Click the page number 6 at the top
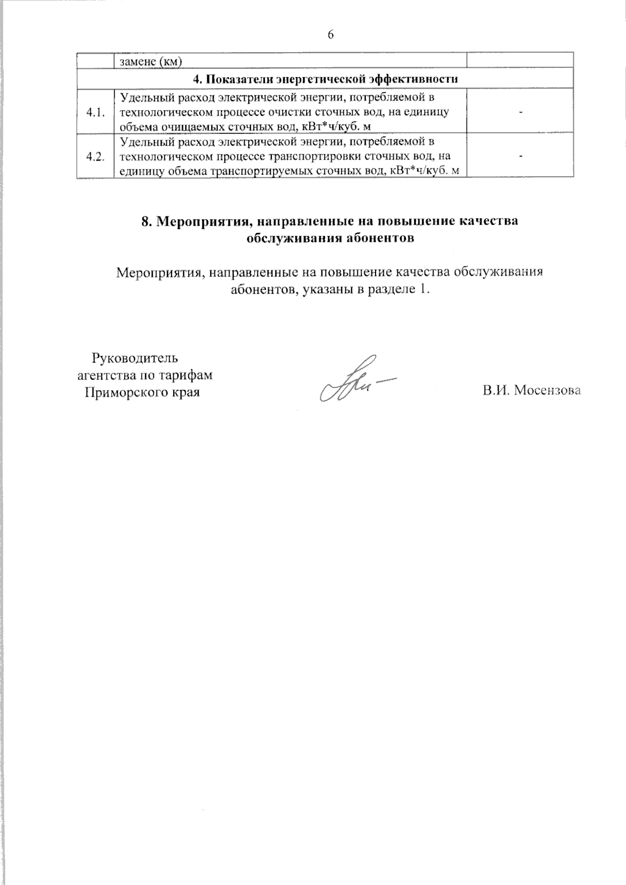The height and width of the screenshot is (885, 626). (x=330, y=34)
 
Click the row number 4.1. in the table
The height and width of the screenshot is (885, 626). (x=95, y=112)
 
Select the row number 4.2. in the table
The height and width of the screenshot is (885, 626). (x=95, y=156)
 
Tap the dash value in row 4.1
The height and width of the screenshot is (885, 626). (x=520, y=112)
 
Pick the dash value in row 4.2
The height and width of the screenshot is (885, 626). (x=520, y=156)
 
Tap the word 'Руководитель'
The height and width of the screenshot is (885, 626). (x=135, y=358)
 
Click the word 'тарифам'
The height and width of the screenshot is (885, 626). (x=190, y=375)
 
